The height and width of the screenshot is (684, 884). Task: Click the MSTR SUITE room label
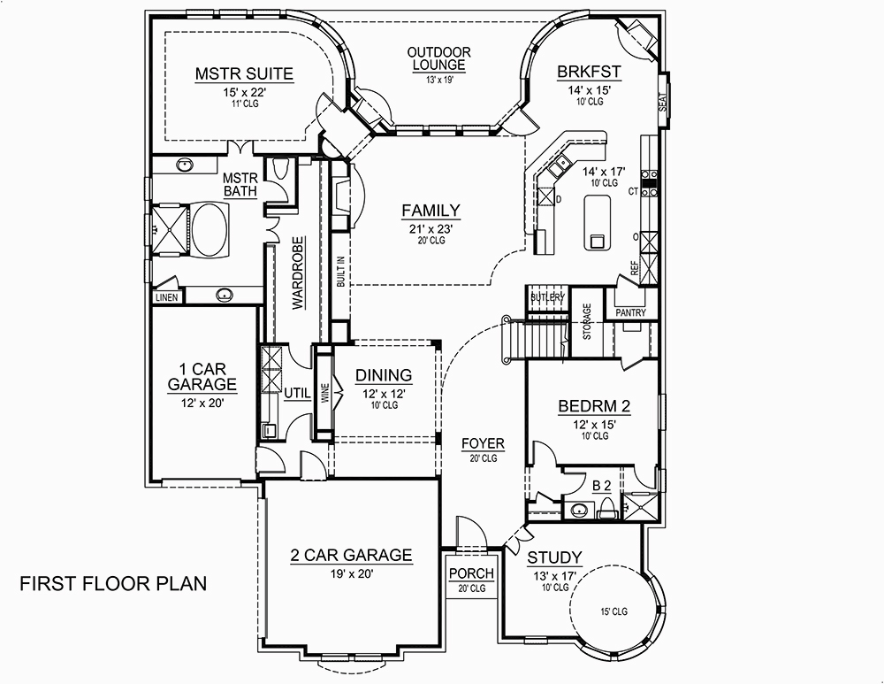[244, 73]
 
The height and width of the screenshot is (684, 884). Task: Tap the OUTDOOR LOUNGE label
[438, 59]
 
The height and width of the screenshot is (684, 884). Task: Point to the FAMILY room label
[431, 211]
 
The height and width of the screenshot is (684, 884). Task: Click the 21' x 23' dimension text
[431, 227]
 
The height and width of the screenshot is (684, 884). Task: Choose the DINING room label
[384, 374]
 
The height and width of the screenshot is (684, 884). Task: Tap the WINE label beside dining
[324, 393]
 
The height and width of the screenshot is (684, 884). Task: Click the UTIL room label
[296, 393]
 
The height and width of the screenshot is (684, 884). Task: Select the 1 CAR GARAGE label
[202, 376]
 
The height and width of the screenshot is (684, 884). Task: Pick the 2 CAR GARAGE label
[351, 556]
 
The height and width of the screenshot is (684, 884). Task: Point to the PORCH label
[471, 574]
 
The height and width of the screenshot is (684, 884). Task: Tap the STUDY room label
[554, 557]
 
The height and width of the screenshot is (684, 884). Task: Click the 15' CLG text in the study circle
[613, 611]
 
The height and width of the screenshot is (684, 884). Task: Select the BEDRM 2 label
[594, 407]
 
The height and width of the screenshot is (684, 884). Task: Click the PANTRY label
[630, 312]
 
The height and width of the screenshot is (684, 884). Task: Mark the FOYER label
[483, 443]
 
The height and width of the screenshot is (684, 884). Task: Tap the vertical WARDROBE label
[299, 273]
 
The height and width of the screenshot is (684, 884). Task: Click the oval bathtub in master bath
[210, 230]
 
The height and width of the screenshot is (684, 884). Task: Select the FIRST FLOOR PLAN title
[113, 583]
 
